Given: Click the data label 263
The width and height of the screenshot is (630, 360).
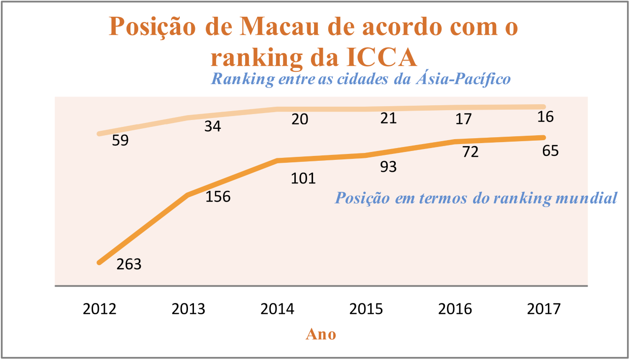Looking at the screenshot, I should coord(129,264).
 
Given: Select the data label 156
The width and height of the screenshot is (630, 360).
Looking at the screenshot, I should coord(218,197).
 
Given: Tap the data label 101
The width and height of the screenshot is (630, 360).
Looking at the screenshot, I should coord(303,178).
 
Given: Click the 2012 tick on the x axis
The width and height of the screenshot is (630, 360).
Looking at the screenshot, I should coord(99,309).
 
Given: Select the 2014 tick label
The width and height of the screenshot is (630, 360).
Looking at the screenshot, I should coord(277,309).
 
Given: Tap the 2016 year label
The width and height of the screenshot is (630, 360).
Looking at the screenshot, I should coord(455,309).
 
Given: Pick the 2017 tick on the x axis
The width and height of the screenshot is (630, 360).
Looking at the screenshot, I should coord(543,309).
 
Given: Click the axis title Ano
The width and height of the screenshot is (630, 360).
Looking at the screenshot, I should coord(321,334).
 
